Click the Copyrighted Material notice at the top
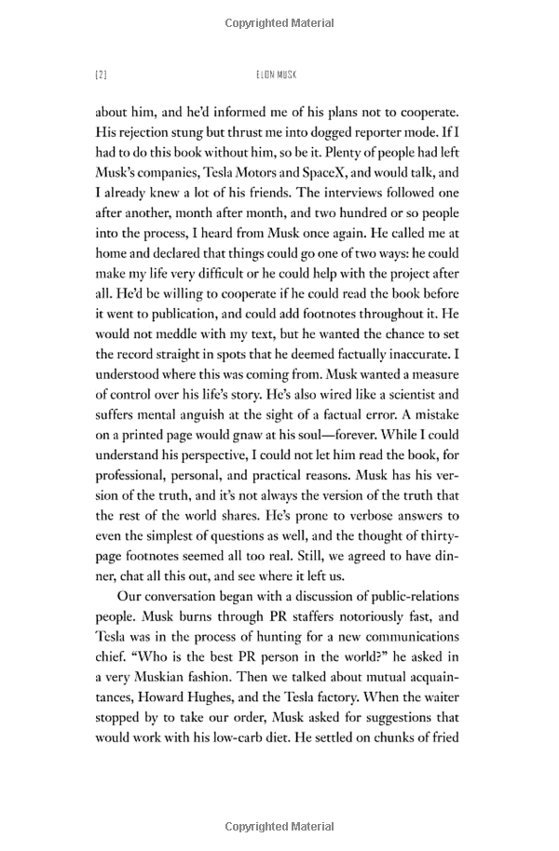tap(279, 20)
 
